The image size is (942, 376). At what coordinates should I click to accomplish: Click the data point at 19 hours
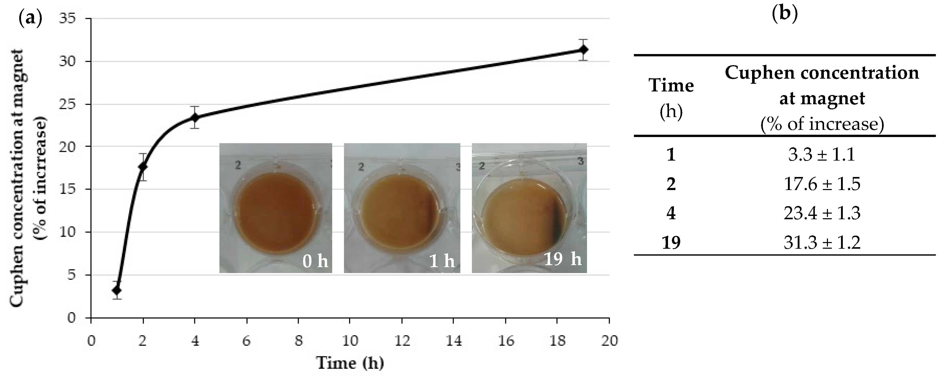[x=584, y=49]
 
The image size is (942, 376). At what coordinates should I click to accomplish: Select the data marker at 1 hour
[x=117, y=290]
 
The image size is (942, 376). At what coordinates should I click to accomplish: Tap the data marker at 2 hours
[x=143, y=167]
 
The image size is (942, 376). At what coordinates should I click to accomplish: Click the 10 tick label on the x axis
[x=350, y=341]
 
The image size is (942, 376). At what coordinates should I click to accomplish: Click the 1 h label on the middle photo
[x=442, y=261]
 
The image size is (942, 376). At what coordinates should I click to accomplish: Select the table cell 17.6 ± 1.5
[x=822, y=184]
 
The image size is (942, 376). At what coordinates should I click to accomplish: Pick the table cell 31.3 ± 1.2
[x=822, y=243]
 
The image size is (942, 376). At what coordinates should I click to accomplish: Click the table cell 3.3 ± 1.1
[x=822, y=154]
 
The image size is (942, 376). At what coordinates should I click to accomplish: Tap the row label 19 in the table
[x=671, y=243]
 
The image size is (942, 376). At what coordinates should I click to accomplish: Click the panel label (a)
[x=30, y=17]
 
